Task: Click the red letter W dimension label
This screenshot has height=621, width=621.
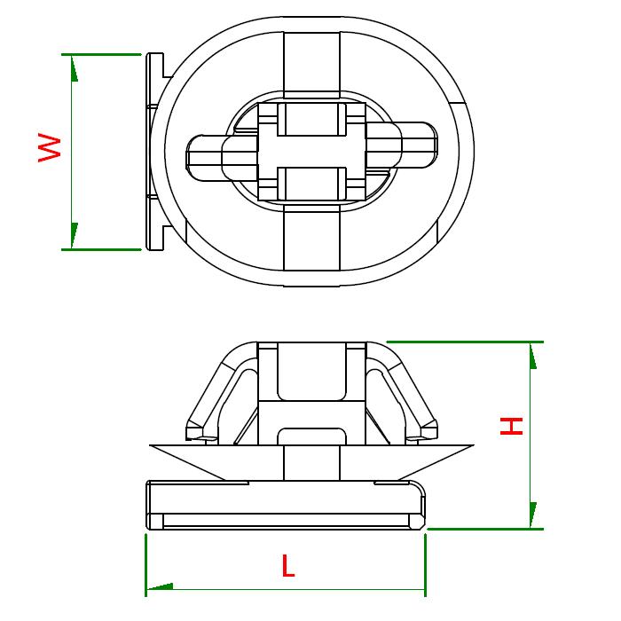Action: tap(50, 148)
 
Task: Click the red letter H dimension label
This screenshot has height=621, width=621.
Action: tap(511, 426)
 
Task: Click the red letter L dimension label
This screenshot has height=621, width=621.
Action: tap(288, 566)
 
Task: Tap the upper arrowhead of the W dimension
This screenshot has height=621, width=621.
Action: tap(74, 68)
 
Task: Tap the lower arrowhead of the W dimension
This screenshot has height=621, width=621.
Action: tap(74, 236)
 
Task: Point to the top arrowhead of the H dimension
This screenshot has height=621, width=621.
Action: tap(533, 356)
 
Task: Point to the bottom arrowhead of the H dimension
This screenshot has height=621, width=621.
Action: tap(533, 515)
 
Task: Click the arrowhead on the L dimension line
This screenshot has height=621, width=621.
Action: tap(160, 586)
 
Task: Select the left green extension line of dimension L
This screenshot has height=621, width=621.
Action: tap(146, 565)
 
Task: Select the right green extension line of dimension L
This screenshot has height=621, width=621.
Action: tap(425, 565)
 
